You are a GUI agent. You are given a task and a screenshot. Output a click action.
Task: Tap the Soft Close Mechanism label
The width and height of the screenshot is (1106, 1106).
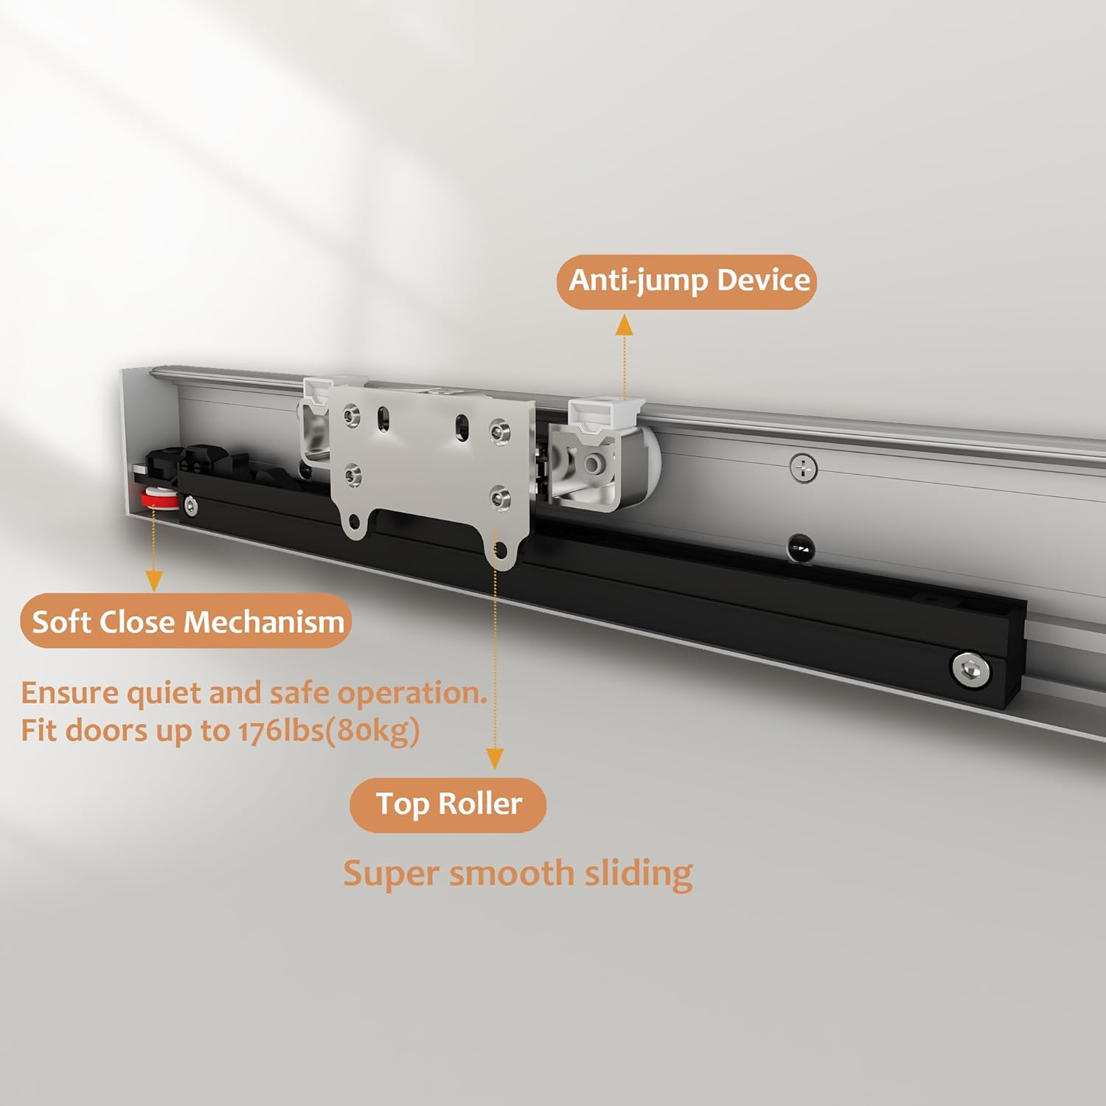(187, 622)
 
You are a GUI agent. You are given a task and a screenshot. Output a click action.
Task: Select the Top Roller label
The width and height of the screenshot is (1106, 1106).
(448, 804)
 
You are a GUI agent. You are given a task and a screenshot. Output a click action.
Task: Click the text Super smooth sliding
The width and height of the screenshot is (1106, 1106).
(518, 874)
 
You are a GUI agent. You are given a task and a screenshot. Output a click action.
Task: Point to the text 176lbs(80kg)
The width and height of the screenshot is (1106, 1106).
(329, 731)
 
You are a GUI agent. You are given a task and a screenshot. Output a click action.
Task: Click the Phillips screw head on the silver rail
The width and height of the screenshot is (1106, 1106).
(803, 467)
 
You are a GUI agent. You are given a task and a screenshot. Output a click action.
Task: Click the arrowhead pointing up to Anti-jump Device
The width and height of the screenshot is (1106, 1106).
(625, 324)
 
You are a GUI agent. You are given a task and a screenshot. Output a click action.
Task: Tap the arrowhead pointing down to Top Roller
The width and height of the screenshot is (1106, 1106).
(495, 759)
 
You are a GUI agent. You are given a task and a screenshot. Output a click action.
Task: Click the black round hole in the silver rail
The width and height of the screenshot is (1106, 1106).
(801, 549)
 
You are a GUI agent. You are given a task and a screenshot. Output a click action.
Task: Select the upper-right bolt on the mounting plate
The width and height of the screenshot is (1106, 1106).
(500, 431)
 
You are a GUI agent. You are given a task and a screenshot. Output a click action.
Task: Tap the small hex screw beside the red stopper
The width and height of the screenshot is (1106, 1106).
(192, 506)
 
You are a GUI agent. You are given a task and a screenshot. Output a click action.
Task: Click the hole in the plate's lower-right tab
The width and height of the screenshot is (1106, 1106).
(501, 549)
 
